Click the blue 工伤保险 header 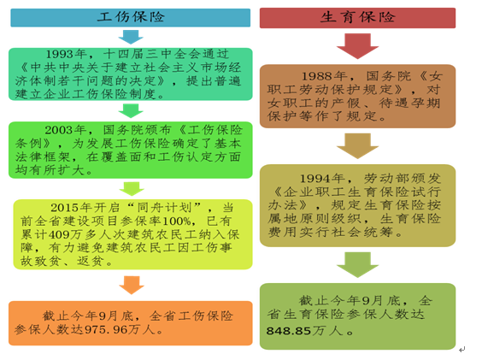click(131, 18)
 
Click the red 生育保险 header click(357, 18)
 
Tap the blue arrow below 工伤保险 click(131, 37)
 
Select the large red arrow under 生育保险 click(357, 46)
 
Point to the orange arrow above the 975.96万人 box click(132, 285)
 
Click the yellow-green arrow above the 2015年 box click(132, 189)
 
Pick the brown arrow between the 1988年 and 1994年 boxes click(357, 146)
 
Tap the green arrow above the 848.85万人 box click(357, 264)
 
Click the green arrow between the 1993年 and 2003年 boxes click(131, 111)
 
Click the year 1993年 click(66, 54)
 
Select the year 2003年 click(66, 130)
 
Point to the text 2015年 click(71, 208)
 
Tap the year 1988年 click(324, 76)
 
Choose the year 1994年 click(322, 178)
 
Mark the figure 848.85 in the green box click(289, 331)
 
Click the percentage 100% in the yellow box click(176, 221)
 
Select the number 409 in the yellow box click(59, 234)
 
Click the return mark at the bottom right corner click(461, 350)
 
